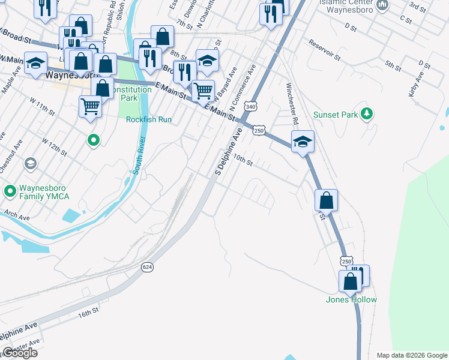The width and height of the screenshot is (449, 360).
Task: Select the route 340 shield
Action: pos(251,106)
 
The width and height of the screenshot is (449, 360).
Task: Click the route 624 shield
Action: pos(147,266)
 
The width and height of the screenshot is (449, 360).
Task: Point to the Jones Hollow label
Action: pos(351,299)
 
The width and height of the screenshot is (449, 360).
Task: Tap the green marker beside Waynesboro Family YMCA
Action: pos(10,192)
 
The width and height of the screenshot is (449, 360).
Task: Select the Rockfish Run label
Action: pos(149,119)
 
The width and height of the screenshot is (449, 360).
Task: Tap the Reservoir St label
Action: pos(325,51)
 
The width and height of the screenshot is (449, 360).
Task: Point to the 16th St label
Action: pos(88,314)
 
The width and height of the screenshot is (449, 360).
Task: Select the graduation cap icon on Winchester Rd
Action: pos(303,142)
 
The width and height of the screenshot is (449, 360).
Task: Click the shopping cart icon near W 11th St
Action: pos(90,107)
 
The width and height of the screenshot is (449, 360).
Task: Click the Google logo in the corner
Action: pos(19,353)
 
